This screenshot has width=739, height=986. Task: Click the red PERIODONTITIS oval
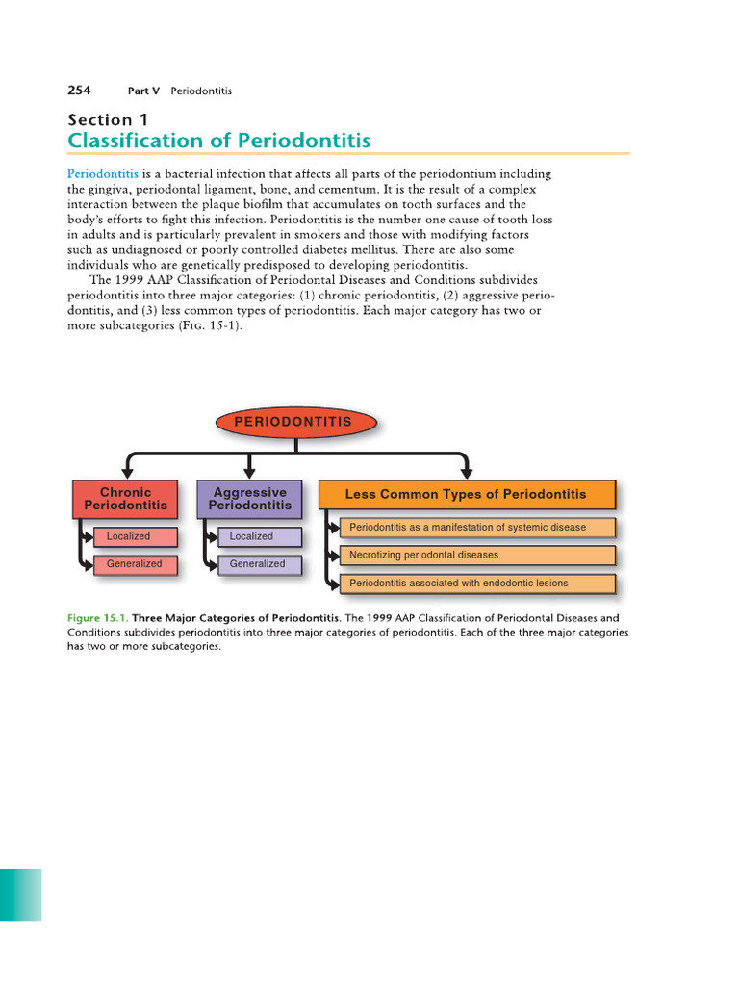tap(296, 422)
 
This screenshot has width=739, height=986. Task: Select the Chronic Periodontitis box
tap(125, 498)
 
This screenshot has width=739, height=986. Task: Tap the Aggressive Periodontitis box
tap(249, 498)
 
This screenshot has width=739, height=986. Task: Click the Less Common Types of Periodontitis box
tap(466, 494)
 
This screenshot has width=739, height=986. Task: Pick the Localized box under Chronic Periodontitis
tap(136, 536)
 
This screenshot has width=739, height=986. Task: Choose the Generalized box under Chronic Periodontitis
tap(136, 564)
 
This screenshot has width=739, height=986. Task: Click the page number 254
tap(79, 91)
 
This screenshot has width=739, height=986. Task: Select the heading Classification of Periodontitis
tap(218, 142)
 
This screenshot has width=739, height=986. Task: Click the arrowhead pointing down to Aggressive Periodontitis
tap(249, 472)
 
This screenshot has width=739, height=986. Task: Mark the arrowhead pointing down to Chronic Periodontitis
tap(125, 472)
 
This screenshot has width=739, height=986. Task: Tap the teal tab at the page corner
tap(20, 895)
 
